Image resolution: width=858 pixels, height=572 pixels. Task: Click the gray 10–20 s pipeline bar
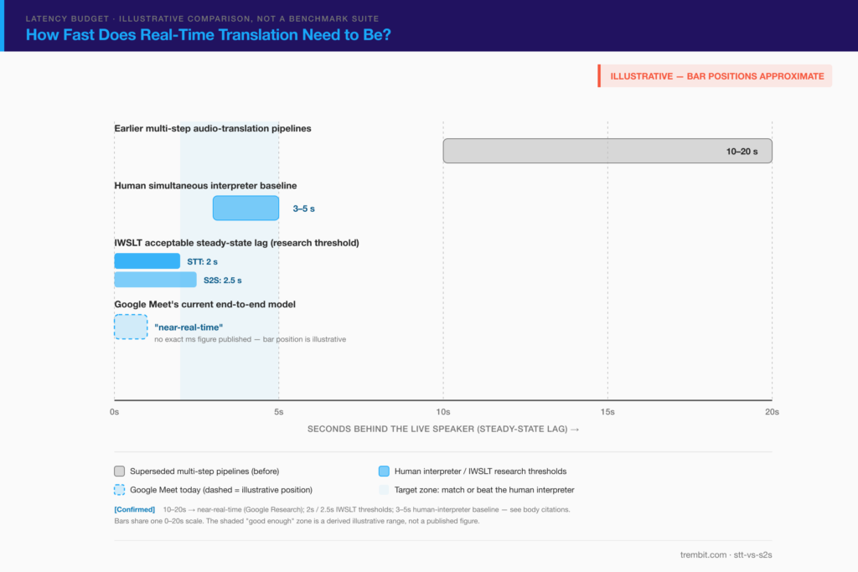click(x=607, y=151)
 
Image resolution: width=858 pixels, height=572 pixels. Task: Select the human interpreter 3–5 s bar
click(x=246, y=209)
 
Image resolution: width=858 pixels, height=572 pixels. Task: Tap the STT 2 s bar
click(x=147, y=260)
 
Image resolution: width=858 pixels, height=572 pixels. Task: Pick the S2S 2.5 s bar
click(x=155, y=280)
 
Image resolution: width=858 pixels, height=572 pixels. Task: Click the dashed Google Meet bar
click(x=131, y=327)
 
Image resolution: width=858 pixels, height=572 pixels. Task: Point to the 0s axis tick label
click(x=114, y=412)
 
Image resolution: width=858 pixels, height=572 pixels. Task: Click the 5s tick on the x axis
click(x=278, y=412)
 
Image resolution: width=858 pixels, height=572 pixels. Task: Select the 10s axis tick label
click(x=443, y=412)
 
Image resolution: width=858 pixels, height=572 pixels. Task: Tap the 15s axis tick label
click(x=607, y=412)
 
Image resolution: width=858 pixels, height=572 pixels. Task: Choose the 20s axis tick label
click(x=772, y=412)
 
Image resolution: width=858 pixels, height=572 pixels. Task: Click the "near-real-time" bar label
click(x=189, y=327)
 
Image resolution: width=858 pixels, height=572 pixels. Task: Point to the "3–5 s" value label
click(x=303, y=209)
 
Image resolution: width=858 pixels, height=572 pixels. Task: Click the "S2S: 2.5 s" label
click(x=223, y=280)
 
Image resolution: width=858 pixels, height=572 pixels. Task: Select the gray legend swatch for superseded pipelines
click(x=119, y=471)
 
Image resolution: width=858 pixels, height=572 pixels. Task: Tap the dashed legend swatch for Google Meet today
click(x=119, y=489)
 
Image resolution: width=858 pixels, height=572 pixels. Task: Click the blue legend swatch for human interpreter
click(x=384, y=471)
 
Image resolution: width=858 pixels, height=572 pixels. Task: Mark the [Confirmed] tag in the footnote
click(x=135, y=509)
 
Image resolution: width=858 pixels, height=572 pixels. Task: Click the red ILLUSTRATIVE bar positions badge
click(x=715, y=76)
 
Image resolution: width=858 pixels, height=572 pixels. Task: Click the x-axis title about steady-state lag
click(x=443, y=429)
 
